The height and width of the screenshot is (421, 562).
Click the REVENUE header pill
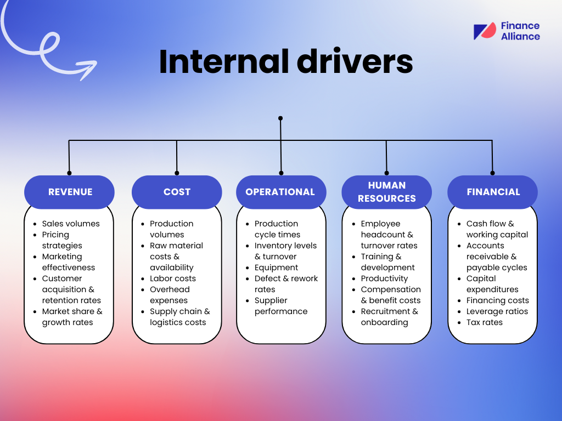pyautogui.click(x=70, y=192)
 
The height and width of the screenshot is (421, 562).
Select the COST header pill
pyautogui.click(x=177, y=192)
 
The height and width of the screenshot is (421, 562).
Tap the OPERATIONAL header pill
pyautogui.click(x=280, y=192)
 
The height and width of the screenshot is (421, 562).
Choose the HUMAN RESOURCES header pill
pyautogui.click(x=386, y=192)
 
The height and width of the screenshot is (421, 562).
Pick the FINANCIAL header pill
pyautogui.click(x=493, y=192)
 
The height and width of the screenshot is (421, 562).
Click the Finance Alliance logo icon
pyautogui.click(x=485, y=31)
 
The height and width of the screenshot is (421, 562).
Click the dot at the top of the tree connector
pyautogui.click(x=280, y=118)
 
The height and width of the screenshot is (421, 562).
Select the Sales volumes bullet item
pyautogui.click(x=71, y=224)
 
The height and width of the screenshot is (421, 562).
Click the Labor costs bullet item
pyautogui.click(x=172, y=278)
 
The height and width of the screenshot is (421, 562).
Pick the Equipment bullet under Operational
pyautogui.click(x=276, y=268)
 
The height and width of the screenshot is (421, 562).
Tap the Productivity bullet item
pyautogui.click(x=384, y=278)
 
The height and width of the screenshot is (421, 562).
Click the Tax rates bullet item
pyautogui.click(x=484, y=322)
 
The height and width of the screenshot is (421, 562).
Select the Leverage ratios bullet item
pyautogui.click(x=497, y=311)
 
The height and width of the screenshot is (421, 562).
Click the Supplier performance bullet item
pyautogui.click(x=280, y=306)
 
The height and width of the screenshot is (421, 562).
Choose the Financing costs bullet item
pyautogui.click(x=497, y=300)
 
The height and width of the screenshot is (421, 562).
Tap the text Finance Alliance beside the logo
pyautogui.click(x=520, y=31)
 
